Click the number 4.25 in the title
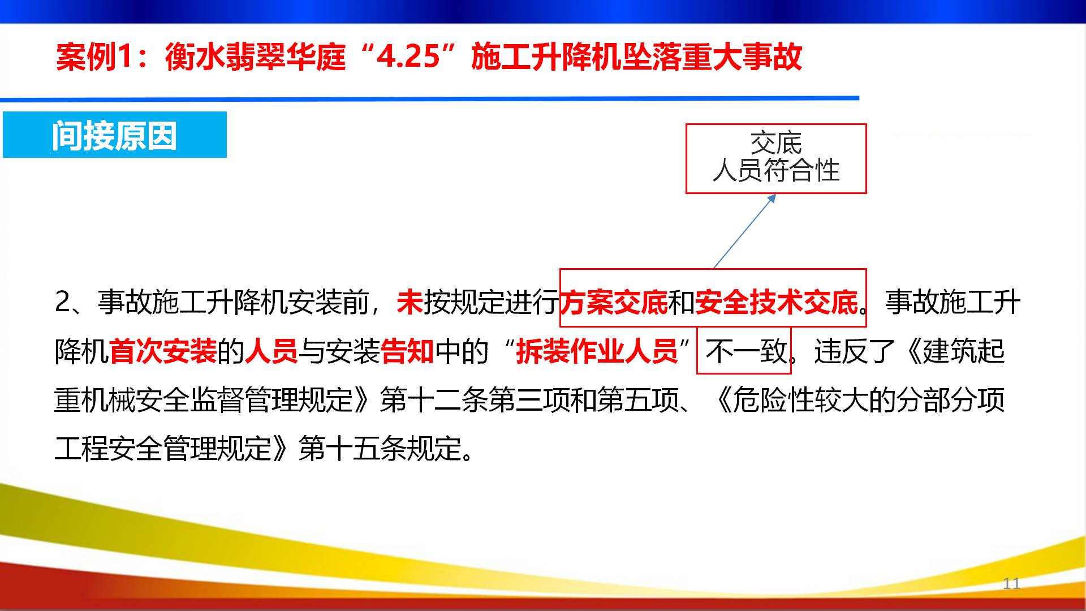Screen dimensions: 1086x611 [x=408, y=57]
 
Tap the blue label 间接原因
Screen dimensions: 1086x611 [x=115, y=136]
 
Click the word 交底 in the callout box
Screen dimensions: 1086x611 [x=776, y=143]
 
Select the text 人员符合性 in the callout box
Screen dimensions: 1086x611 [x=776, y=170]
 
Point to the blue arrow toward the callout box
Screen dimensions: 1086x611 [x=744, y=231]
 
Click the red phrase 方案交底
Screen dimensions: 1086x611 [x=614, y=302]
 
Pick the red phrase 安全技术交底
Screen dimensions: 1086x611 [x=777, y=302]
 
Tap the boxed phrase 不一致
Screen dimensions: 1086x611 [x=746, y=351]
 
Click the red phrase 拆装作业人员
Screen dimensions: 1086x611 [x=597, y=351]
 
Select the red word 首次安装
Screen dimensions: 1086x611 [x=163, y=351]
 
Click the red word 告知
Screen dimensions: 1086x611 [x=407, y=351]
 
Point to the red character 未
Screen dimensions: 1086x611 [x=410, y=302]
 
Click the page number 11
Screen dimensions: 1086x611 [x=1011, y=583]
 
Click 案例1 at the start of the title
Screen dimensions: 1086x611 [x=94, y=57]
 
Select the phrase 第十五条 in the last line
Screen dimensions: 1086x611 [x=353, y=449]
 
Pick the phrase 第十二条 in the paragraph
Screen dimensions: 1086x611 [x=434, y=400]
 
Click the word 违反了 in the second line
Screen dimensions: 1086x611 [x=855, y=351]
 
